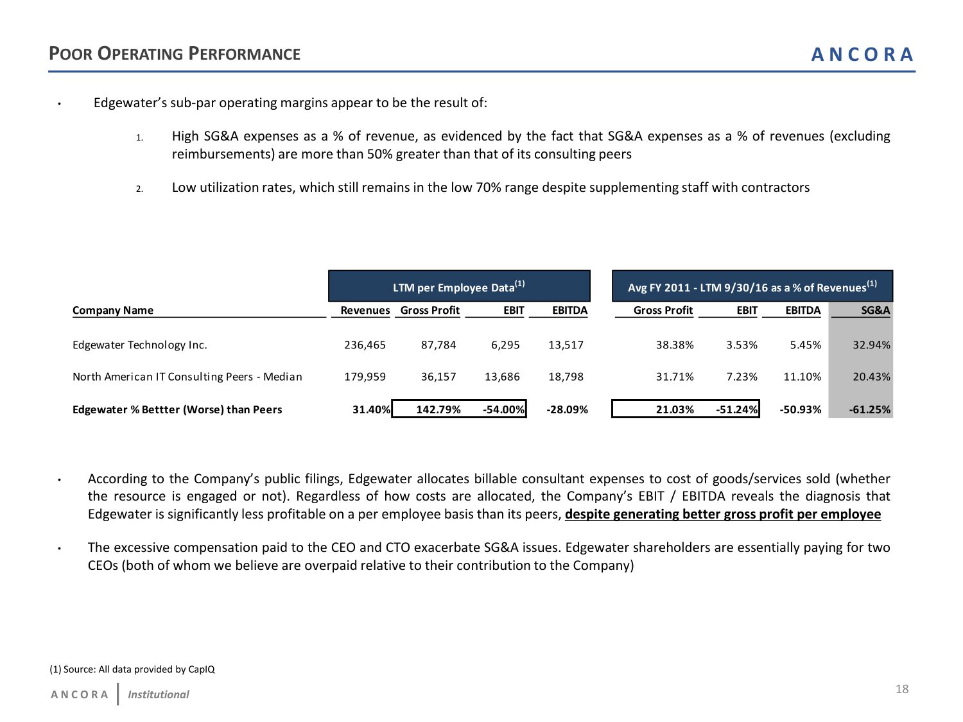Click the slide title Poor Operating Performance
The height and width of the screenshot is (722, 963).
175,54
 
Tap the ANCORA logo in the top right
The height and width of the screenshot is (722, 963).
862,55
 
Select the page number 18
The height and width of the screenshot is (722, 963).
902,689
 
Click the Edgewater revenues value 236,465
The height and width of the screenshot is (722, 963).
365,345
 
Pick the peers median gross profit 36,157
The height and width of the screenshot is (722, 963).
438,377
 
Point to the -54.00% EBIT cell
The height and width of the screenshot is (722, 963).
503,409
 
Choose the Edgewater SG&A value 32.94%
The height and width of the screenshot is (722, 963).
871,345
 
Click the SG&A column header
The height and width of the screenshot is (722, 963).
875,311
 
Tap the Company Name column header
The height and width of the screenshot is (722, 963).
113,311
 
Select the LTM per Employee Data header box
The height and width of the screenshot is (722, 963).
459,287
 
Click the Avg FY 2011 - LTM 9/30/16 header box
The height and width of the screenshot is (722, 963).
752,287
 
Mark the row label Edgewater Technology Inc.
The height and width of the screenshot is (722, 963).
140,345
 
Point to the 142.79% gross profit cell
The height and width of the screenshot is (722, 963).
438,409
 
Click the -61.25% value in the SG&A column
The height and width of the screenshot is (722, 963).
870,409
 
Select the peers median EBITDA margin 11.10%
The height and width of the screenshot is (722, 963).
802,377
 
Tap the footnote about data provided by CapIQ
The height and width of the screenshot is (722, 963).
132,669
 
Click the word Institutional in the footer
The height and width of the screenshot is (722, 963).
158,694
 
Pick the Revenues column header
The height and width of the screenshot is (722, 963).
365,311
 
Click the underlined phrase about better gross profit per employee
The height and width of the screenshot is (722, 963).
723,514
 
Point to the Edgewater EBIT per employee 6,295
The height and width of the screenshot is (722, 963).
505,345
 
